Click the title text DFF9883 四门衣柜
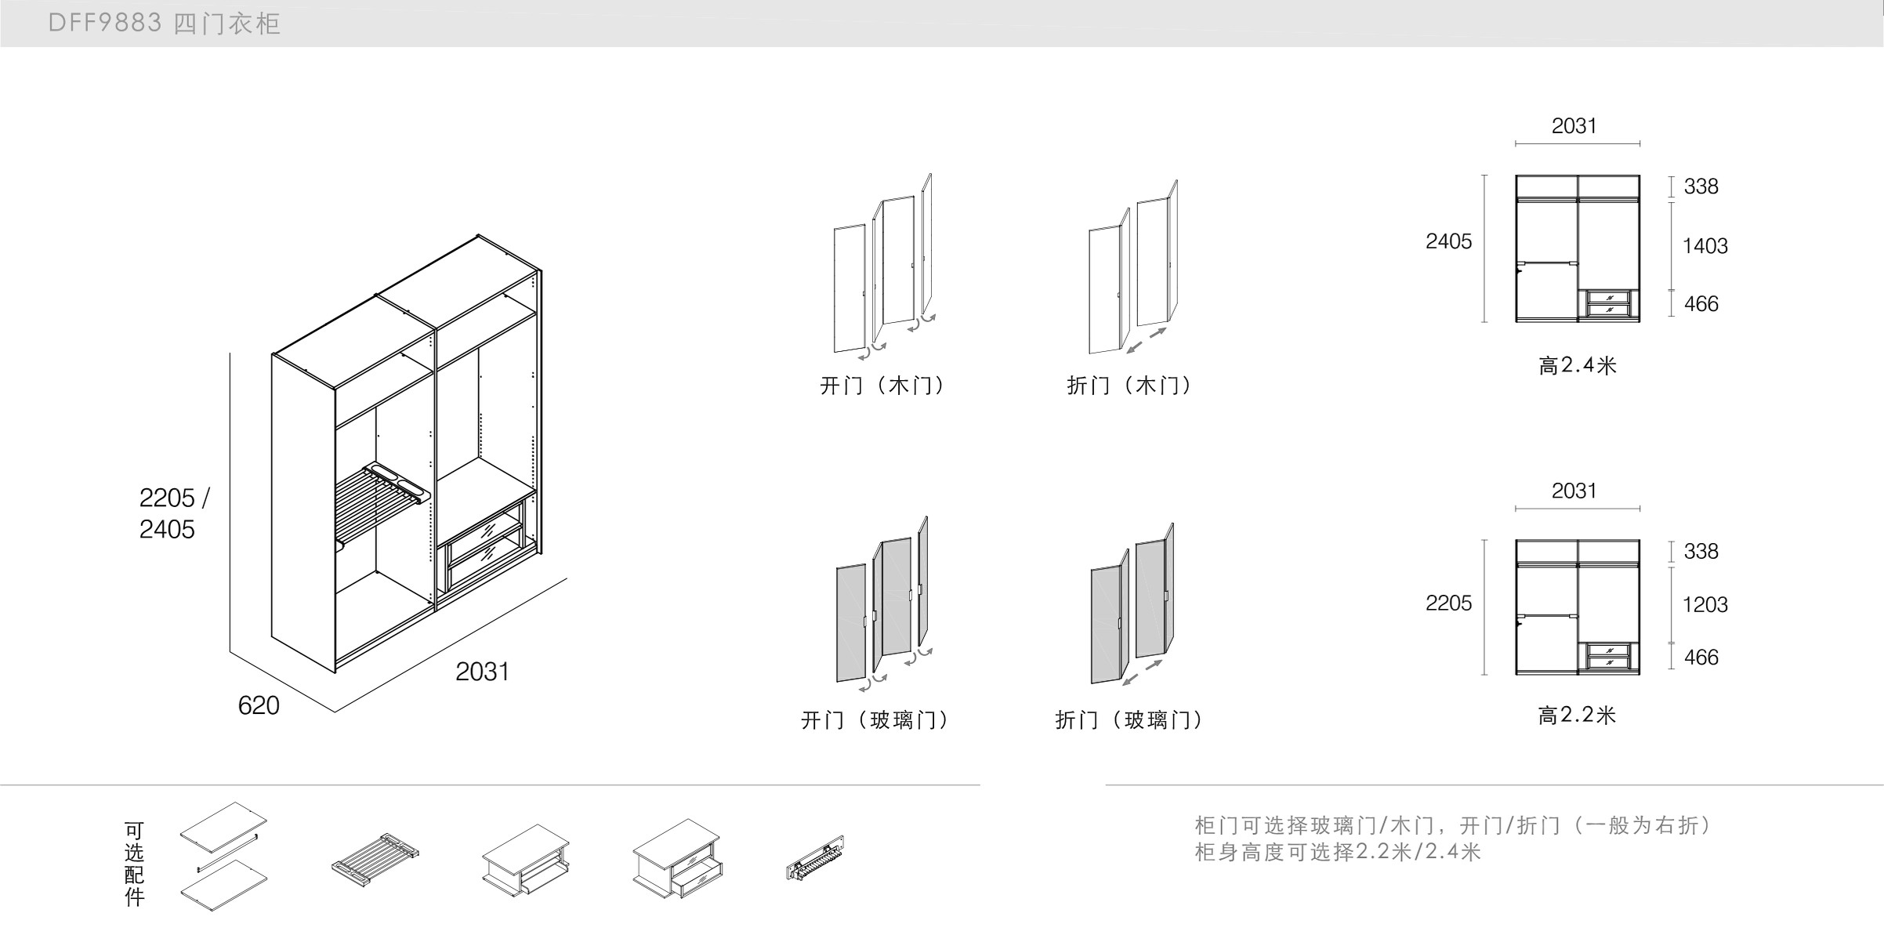(164, 24)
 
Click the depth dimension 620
(259, 705)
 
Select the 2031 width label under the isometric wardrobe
(482, 672)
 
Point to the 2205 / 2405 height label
(174, 513)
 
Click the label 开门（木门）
(883, 386)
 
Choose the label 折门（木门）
(1129, 386)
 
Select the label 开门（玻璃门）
(875, 720)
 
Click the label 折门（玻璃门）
(1129, 720)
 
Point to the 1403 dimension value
(1705, 246)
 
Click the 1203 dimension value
(1705, 604)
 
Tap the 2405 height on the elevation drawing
(1448, 241)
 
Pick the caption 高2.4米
(1577, 366)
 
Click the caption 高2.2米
(1577, 716)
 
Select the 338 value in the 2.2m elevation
(1701, 552)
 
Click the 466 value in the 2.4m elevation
(1701, 304)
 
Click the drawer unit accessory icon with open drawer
(678, 860)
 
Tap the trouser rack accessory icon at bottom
(375, 859)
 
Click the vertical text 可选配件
(134, 864)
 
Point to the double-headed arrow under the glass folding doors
(1142, 672)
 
